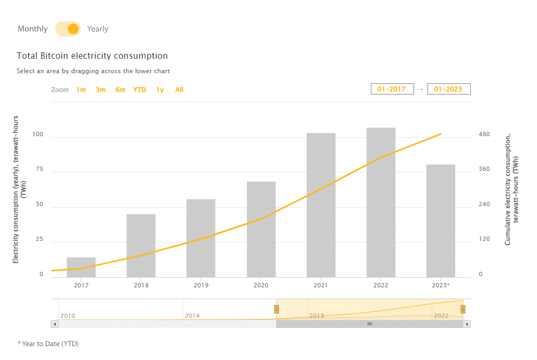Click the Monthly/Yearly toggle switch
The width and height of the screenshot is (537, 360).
click(68, 29)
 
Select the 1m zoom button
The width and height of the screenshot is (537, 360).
click(81, 90)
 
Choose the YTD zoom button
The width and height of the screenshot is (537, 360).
click(139, 90)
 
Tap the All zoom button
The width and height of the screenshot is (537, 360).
click(179, 90)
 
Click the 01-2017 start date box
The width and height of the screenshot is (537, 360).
click(392, 89)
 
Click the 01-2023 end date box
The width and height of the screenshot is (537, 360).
click(449, 89)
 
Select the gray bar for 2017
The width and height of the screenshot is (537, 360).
click(81, 267)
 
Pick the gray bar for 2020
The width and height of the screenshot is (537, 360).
click(261, 230)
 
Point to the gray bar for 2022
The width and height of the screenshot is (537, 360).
click(381, 203)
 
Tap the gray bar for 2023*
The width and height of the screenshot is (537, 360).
click(441, 221)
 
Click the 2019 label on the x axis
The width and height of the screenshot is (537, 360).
click(201, 286)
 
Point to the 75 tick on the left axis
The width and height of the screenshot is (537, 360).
click(38, 169)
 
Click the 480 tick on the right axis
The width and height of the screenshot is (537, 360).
click(484, 134)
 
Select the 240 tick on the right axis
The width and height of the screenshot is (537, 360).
click(484, 204)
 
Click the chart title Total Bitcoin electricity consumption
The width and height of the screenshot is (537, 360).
click(92, 56)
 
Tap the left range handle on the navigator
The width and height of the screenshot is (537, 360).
click(276, 309)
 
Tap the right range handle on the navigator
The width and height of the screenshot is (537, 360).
click(463, 309)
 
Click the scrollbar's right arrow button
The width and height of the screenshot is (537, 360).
click(467, 324)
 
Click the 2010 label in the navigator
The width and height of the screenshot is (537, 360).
click(68, 316)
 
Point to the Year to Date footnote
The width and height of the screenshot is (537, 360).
click(48, 343)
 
